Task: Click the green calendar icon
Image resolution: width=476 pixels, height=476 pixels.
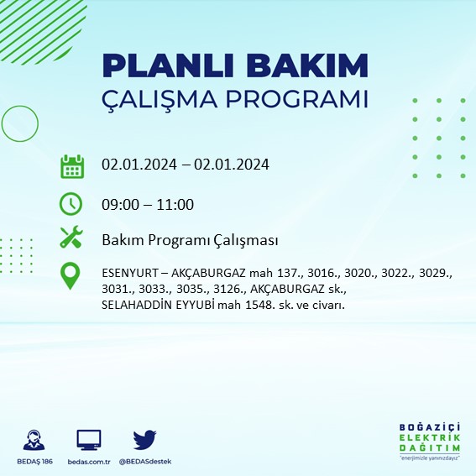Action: coord(71,166)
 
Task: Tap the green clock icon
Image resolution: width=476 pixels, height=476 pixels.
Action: coord(71,204)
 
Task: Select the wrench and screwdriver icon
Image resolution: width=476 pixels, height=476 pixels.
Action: coord(71,238)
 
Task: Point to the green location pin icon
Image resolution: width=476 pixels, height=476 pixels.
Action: coord(71,276)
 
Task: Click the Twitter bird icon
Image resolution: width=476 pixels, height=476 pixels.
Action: coord(146,440)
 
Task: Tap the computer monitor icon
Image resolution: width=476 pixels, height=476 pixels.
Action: coord(89,440)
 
